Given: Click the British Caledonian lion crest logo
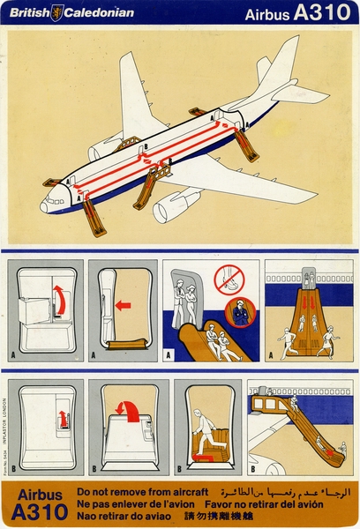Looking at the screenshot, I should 57,12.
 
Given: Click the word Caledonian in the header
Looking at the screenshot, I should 100,12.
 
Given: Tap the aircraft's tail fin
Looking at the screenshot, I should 281,65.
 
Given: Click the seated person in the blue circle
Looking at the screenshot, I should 240,315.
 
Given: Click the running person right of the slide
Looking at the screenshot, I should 328,339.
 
